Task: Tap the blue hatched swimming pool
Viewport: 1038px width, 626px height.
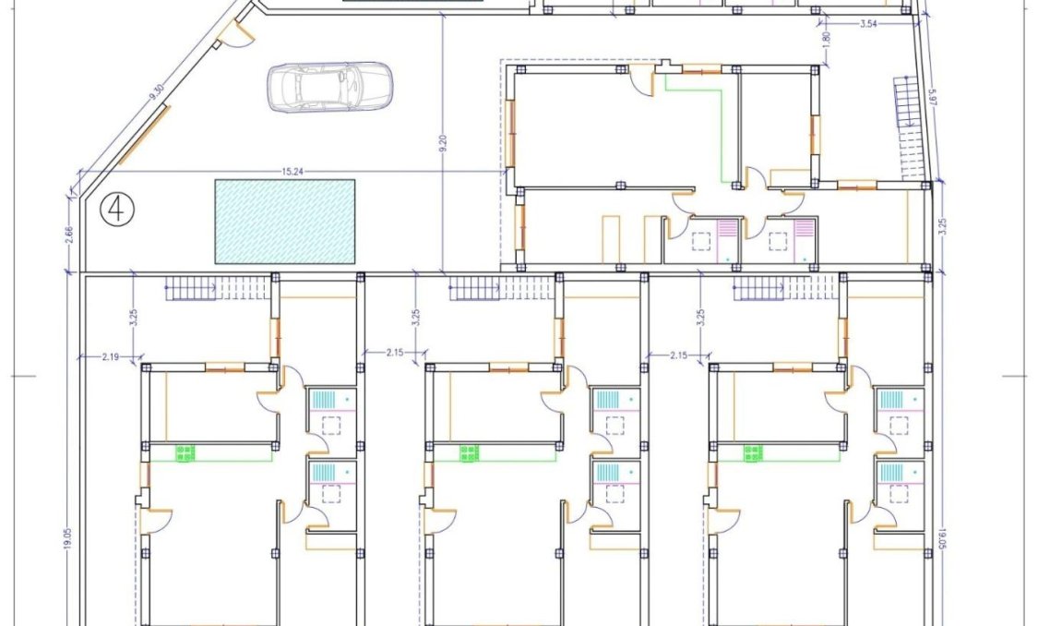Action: pyautogui.click(x=285, y=221)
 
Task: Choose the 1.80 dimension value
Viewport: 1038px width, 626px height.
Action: pyautogui.click(x=827, y=42)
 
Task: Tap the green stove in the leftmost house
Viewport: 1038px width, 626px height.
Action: pyautogui.click(x=186, y=451)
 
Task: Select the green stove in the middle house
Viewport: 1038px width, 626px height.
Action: pyautogui.click(x=471, y=451)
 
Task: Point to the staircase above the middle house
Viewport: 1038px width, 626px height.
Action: pyautogui.click(x=498, y=291)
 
